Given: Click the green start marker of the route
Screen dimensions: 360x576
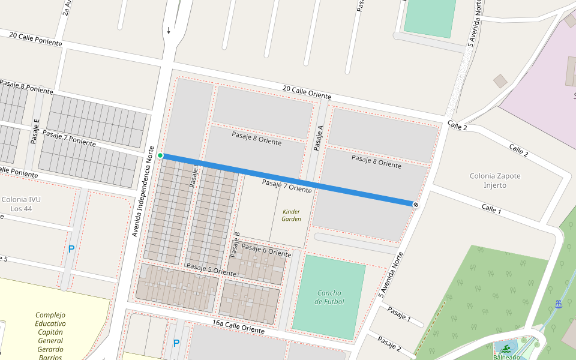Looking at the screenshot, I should click(160, 156).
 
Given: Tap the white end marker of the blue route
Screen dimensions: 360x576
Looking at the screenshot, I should click(415, 205).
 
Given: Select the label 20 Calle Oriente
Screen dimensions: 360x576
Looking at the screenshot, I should click(307, 92).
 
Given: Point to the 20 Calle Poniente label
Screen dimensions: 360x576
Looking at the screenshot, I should click(35, 39).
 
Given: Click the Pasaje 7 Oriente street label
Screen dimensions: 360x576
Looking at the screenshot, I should click(287, 185).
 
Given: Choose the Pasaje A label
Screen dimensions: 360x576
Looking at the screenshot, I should click(319, 137).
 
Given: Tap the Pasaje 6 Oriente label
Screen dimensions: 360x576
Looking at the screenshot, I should click(266, 251).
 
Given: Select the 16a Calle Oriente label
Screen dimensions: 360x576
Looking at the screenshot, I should click(238, 326).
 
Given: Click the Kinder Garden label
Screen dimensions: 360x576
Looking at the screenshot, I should click(291, 215).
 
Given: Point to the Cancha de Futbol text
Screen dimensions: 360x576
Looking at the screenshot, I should click(329, 297).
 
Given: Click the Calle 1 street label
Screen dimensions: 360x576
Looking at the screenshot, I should click(491, 209).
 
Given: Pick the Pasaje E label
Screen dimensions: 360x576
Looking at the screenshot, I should click(35, 132).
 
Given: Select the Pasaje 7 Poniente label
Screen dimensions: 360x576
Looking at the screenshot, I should click(69, 138).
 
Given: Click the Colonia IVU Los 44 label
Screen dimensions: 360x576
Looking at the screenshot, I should click(20, 204).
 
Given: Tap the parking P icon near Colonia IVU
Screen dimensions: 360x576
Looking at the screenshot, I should click(71, 249).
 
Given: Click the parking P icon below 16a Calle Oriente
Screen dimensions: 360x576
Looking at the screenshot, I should click(176, 343).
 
